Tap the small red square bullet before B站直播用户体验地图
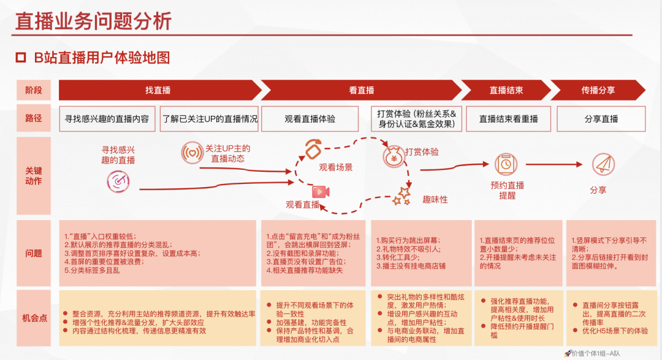click(21, 58)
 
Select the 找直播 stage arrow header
click(158, 90)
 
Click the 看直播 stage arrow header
click(362, 90)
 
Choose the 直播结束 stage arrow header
click(506, 90)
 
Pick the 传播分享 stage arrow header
click(598, 90)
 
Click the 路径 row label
click(34, 118)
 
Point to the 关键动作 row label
click(34, 176)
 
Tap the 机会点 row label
click(34, 318)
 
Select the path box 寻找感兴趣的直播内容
click(107, 119)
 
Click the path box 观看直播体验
click(310, 119)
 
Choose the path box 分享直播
click(601, 119)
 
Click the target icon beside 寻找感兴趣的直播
click(118, 180)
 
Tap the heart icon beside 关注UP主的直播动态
click(192, 153)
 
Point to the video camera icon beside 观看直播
click(321, 191)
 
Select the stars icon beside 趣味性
click(401, 196)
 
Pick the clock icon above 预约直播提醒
click(506, 164)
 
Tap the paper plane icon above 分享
click(602, 164)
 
